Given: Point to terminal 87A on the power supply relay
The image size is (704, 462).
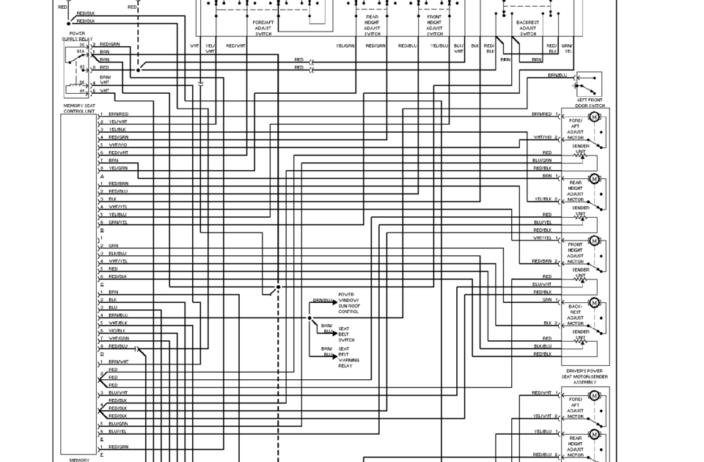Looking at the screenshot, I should click(x=81, y=52).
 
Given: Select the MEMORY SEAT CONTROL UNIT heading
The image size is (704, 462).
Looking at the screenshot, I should click(x=79, y=109).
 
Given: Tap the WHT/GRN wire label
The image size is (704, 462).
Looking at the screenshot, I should click(x=118, y=338).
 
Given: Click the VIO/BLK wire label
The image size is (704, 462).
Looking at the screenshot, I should click(x=117, y=330).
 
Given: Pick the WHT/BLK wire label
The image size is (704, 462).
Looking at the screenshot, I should click(x=117, y=323).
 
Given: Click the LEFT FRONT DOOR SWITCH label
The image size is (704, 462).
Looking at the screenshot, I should click(x=590, y=103).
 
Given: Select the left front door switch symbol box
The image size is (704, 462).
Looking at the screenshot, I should click(x=590, y=84).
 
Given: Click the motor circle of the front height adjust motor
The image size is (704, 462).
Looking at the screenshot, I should click(x=594, y=242).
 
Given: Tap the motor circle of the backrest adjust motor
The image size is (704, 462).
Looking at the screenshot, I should click(x=594, y=302).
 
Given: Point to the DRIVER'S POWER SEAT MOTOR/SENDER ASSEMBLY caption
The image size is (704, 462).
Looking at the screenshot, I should click(x=584, y=377).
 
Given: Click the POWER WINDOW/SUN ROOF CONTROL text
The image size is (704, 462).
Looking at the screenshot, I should click(x=348, y=304).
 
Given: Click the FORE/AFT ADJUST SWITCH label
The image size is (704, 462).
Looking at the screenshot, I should click(x=263, y=28).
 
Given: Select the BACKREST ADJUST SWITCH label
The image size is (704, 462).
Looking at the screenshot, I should click(x=528, y=28).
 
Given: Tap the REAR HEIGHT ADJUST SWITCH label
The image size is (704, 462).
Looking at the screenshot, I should click(x=373, y=28).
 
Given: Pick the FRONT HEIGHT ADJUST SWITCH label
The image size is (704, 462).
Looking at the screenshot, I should click(x=435, y=28).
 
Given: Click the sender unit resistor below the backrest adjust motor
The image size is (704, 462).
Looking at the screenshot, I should click(x=582, y=341).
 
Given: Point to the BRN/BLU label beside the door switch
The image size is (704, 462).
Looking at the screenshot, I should click(x=557, y=75).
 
